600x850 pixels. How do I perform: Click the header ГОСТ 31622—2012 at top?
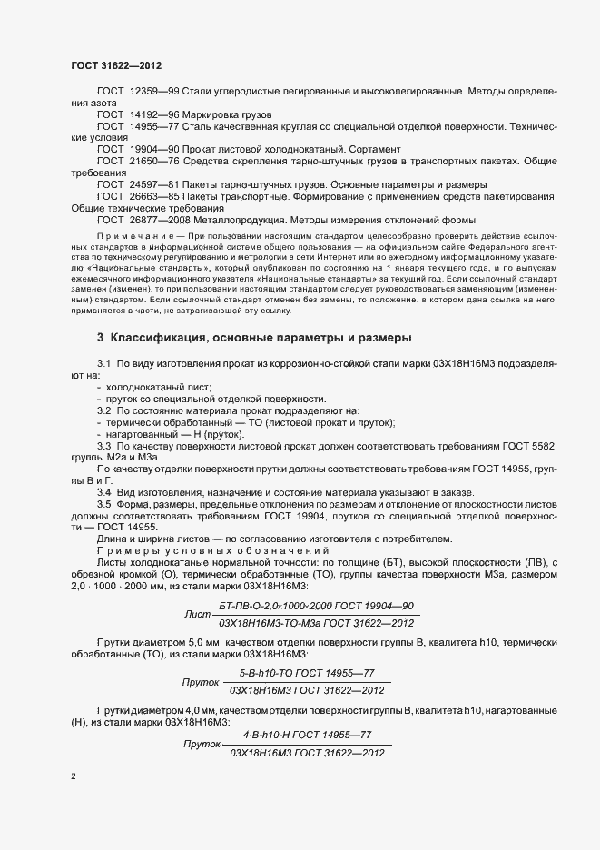[x=115, y=65]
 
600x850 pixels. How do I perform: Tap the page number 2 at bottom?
[x=74, y=776]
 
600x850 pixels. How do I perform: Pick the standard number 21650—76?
[x=156, y=160]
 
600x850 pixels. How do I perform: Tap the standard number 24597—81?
[x=156, y=183]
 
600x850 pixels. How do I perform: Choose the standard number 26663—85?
[x=156, y=196]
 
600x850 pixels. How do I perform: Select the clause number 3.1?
[x=103, y=363]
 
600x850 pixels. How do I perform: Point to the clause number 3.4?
[x=103, y=492]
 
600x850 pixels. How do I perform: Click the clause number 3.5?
[x=103, y=504]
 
